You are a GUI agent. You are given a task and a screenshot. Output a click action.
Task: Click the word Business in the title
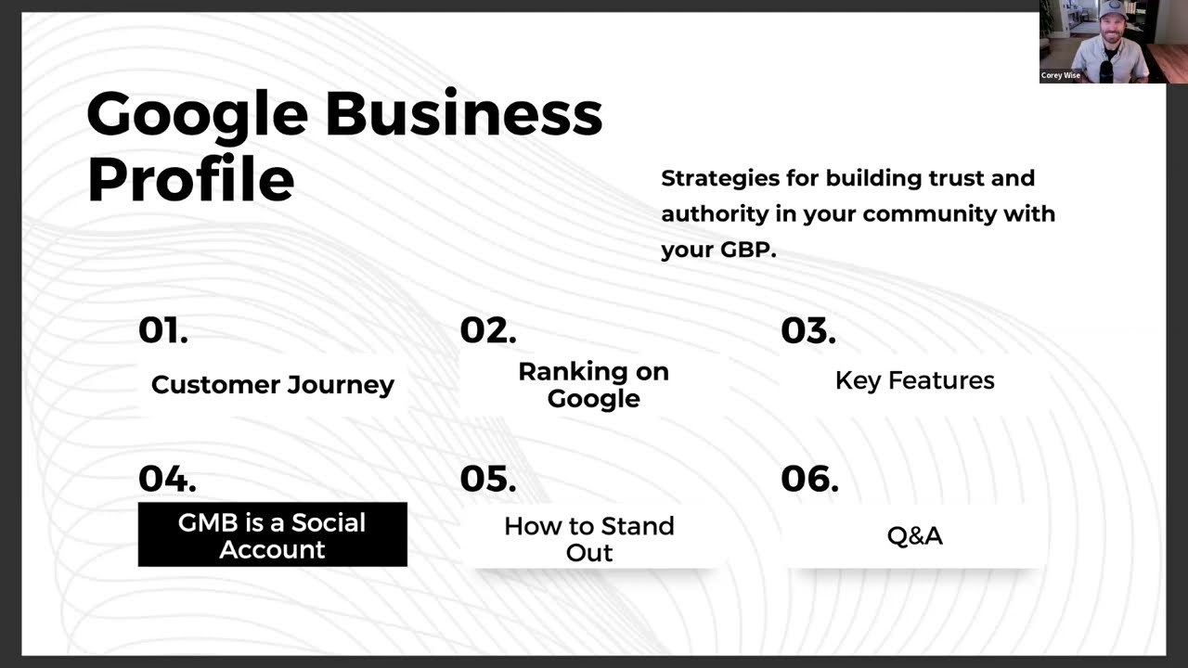[463, 113]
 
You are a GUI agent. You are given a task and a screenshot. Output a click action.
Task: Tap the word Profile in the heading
[190, 179]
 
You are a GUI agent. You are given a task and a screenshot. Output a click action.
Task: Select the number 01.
[163, 330]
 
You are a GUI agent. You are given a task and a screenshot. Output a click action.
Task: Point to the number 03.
[808, 330]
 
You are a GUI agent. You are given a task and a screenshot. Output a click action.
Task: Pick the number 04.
[167, 479]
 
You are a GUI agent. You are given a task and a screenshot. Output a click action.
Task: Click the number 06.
[809, 479]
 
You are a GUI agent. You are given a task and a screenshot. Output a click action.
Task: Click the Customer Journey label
[273, 384]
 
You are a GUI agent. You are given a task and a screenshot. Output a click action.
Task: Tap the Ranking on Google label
[593, 385]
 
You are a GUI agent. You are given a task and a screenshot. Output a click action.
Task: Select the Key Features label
[914, 380]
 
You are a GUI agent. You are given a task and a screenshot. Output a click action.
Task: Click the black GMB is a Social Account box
[272, 534]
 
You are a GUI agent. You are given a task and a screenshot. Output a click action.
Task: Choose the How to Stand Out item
[589, 539]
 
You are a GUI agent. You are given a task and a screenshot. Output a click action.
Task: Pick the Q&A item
[914, 535]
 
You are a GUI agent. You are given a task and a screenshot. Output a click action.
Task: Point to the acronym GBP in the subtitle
[746, 250]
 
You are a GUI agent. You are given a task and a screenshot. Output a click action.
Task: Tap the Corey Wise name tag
[1061, 76]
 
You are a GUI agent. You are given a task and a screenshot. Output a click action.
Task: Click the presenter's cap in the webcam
[1111, 12]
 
